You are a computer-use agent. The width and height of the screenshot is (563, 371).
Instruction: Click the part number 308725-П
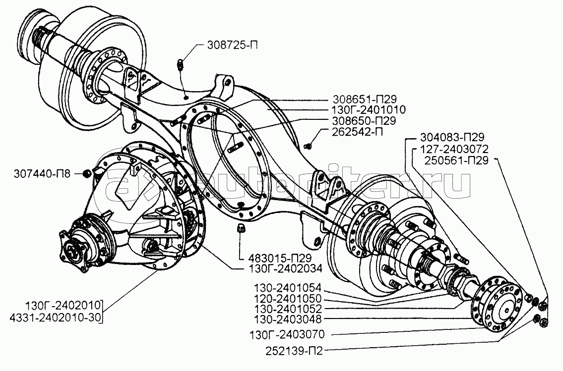[x=231, y=47]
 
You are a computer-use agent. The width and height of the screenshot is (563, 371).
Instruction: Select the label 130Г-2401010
[x=369, y=109]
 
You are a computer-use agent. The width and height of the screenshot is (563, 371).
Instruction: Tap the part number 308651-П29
[x=370, y=99]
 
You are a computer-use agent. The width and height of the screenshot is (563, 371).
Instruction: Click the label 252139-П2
[x=295, y=352]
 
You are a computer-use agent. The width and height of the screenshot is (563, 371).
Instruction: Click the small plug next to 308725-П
[x=181, y=64]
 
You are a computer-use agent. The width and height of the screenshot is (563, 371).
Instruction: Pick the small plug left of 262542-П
[x=308, y=145]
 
